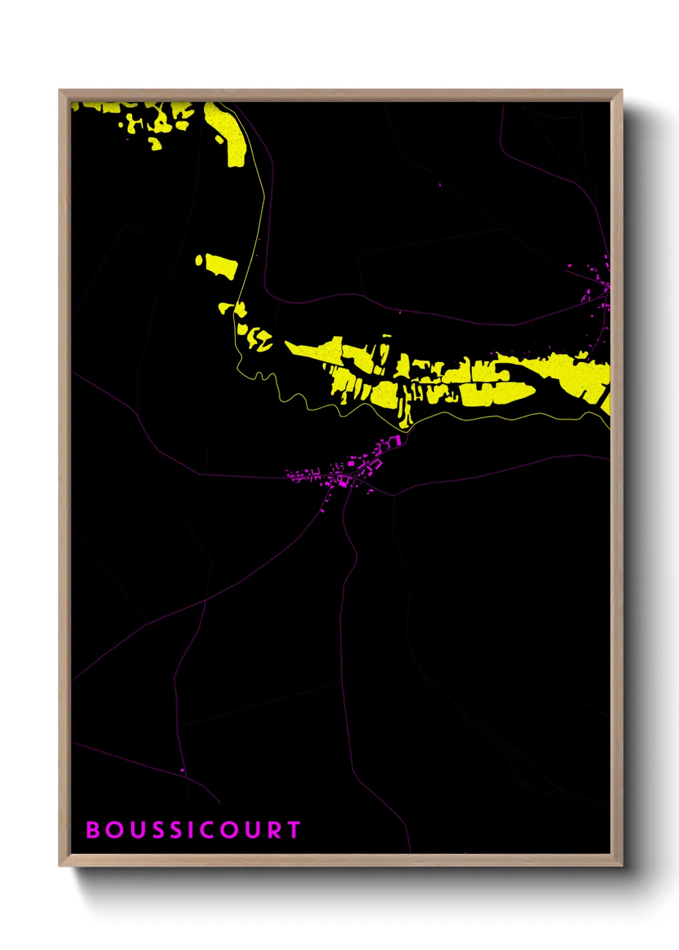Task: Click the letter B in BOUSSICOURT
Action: point(94,830)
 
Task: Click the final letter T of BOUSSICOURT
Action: point(294,830)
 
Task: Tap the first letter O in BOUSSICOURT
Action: point(114,830)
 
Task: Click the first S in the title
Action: point(157,830)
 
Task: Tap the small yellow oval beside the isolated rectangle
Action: point(199,260)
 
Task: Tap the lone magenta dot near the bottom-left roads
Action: point(182,770)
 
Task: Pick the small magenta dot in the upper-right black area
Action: point(440,185)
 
